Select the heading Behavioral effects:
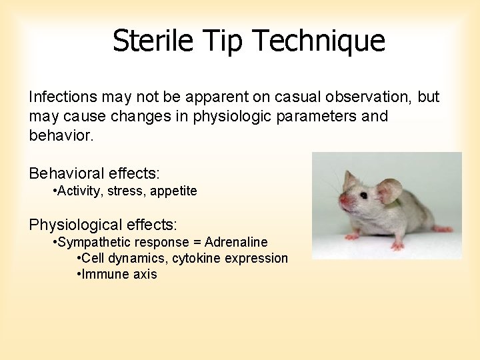click(94, 174)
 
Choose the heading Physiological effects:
click(103, 225)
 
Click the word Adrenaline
click(236, 242)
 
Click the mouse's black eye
click(363, 195)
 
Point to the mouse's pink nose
click(343, 200)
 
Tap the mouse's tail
click(443, 229)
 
